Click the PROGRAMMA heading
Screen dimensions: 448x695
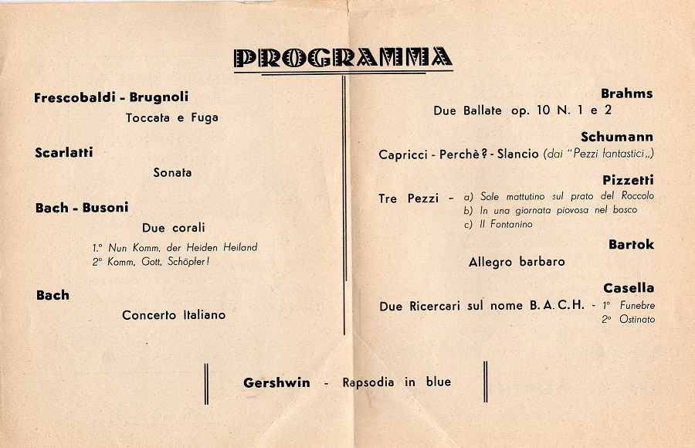[343, 58]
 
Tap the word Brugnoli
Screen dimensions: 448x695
[159, 97]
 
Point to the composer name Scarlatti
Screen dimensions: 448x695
[63, 153]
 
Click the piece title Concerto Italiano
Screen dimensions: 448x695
[174, 315]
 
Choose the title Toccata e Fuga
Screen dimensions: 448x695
[171, 118]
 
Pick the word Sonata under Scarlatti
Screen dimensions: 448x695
[172, 173]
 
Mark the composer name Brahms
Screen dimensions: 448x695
[626, 93]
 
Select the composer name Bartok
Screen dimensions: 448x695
[631, 245]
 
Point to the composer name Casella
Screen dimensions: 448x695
[629, 288]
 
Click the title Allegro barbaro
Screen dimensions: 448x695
[517, 262]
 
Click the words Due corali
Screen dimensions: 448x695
[173, 228]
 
